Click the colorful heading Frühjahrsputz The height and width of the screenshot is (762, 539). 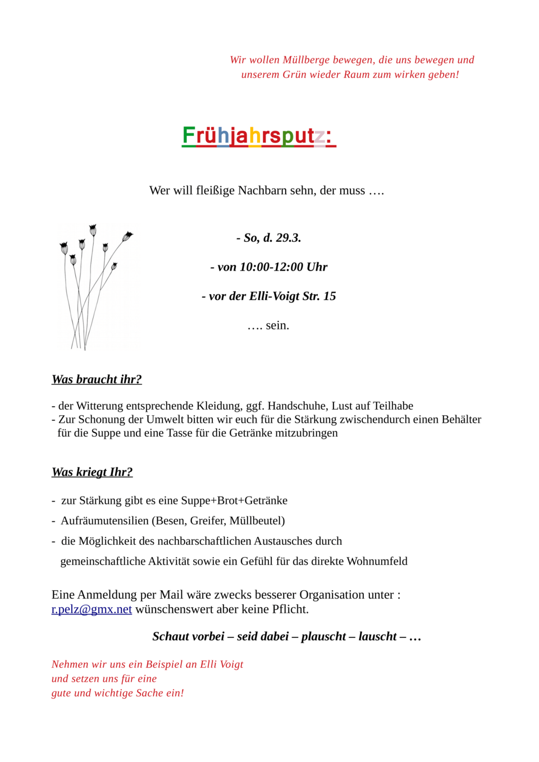pos(259,136)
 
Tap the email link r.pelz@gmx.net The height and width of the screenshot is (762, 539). pos(92,609)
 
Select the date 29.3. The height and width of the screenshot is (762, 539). pos(288,238)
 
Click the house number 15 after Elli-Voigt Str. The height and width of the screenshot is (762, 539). pos(330,296)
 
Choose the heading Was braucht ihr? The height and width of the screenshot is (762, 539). pos(97,379)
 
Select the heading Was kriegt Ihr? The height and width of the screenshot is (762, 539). pos(92,472)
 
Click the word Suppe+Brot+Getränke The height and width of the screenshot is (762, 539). pos(234,501)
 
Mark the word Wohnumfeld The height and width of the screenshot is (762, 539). pos(377,561)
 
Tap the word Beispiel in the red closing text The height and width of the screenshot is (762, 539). pos(164,664)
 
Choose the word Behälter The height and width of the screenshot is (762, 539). pos(462,420)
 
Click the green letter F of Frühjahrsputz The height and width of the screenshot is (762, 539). pos(189,135)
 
